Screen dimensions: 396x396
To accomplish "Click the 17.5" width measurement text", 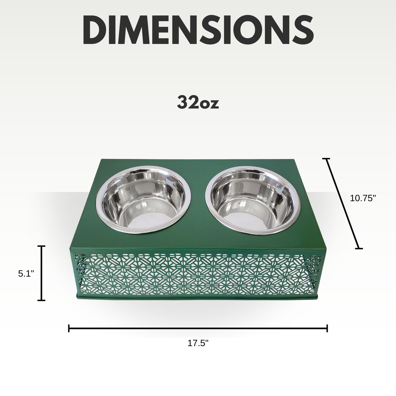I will (x=198, y=344).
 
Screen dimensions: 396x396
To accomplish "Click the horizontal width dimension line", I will (x=198, y=328).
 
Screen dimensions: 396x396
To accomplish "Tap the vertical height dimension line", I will (x=41, y=273).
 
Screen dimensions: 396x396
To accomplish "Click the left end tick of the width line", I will (x=69, y=328).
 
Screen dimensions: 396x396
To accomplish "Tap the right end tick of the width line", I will (x=327, y=328).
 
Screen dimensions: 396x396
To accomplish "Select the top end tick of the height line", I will (x=41, y=246).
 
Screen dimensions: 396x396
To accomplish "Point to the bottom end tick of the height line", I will (x=41, y=300).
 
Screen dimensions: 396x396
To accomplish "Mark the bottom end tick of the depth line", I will (x=359, y=249).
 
